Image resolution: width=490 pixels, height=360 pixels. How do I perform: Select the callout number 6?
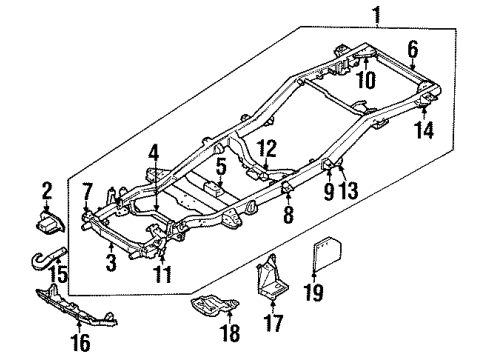coord(413,47)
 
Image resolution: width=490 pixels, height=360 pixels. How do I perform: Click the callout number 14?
coord(426,130)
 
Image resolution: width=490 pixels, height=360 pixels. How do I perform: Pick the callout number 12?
coord(267,151)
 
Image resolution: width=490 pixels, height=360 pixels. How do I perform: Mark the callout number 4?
coord(155,152)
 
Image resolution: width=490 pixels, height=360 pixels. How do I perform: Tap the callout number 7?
coord(88,190)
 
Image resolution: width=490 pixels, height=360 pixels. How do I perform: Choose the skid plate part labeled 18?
coord(213,307)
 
